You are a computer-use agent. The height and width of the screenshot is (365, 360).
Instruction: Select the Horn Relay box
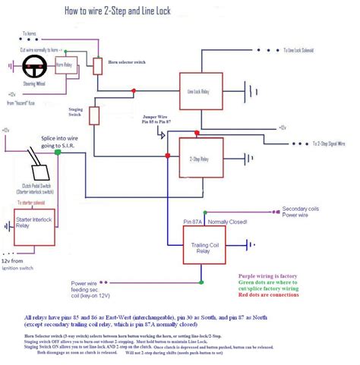pos(66,66)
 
